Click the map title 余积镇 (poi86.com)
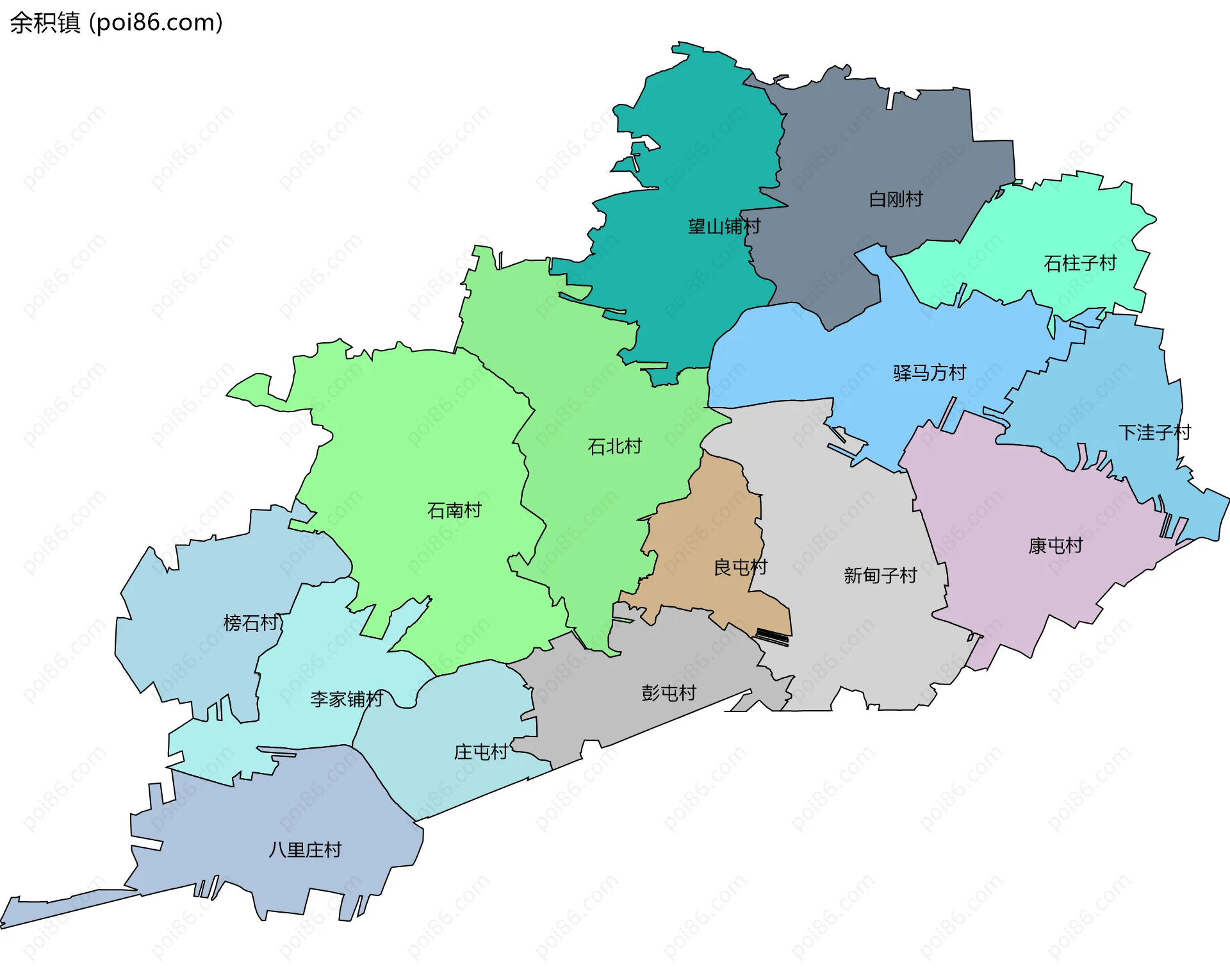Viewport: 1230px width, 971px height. pyautogui.click(x=116, y=22)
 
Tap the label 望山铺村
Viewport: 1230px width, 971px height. pyautogui.click(x=724, y=226)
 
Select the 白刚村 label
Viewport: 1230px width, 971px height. pyautogui.click(x=896, y=199)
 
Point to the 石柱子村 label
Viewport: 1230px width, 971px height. pyautogui.click(x=1080, y=263)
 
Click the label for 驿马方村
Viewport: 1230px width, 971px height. pyautogui.click(x=930, y=372)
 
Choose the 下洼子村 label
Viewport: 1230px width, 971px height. pyautogui.click(x=1154, y=432)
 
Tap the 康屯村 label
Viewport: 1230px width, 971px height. pyautogui.click(x=1055, y=545)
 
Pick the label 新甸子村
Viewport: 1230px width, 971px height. pyautogui.click(x=880, y=576)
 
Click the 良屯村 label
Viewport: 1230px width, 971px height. pyautogui.click(x=740, y=567)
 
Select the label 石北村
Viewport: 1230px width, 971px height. pyautogui.click(x=614, y=446)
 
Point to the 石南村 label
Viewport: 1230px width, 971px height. pyautogui.click(x=454, y=510)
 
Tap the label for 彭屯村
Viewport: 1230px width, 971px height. pyautogui.click(x=669, y=693)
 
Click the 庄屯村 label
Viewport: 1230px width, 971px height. pyautogui.click(x=481, y=752)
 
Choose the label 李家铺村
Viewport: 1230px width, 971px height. pyautogui.click(x=347, y=699)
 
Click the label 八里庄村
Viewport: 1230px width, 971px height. pyautogui.click(x=305, y=850)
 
